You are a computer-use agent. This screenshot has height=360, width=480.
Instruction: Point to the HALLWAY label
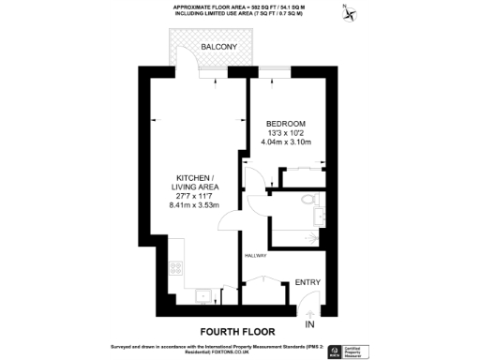(x=256, y=255)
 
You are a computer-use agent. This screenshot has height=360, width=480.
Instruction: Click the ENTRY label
(x=308, y=281)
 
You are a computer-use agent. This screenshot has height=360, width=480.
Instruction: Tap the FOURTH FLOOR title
(x=239, y=332)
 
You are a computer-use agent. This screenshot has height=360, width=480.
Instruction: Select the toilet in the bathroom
(x=307, y=199)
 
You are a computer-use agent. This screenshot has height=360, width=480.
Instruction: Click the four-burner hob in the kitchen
(x=174, y=267)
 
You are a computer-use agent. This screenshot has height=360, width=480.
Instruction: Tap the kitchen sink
(x=202, y=294)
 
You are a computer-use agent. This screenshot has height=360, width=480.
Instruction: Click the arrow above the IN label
(x=311, y=312)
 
